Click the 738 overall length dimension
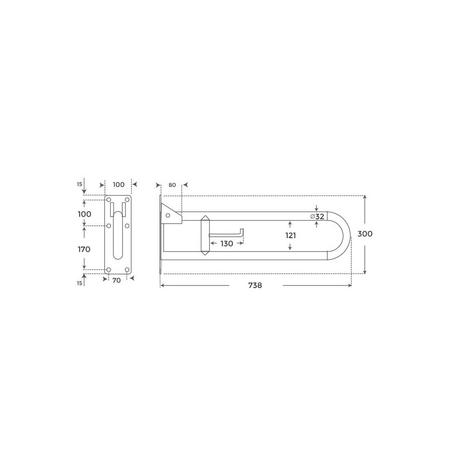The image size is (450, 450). [255, 285]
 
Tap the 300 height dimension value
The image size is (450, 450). [365, 234]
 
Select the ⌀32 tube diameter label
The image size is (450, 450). [317, 216]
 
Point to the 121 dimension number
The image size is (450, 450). [290, 236]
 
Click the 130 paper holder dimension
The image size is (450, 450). [227, 244]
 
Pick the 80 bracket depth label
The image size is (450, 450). [172, 185]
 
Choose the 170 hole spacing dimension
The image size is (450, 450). [84, 250]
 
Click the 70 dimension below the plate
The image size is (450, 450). [117, 280]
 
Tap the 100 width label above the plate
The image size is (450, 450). [119, 184]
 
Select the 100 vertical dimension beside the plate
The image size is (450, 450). [84, 214]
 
